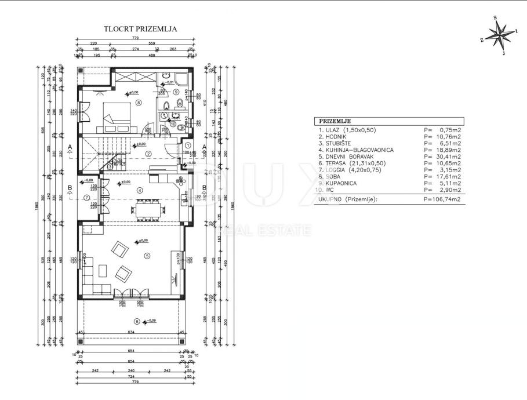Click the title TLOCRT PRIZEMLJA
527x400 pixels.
point(140,28)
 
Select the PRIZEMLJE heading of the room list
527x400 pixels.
point(332,121)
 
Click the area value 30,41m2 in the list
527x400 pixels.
point(448,156)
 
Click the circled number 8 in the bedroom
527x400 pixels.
point(138,103)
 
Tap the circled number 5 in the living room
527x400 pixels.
point(147,255)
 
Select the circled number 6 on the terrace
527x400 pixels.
point(137,322)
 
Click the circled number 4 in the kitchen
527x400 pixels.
point(139,190)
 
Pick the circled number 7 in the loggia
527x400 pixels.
point(87,197)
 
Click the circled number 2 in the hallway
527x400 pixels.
point(148,154)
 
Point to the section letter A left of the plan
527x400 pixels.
point(70,147)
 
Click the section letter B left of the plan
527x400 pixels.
point(70,188)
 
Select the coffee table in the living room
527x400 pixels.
point(103,270)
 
